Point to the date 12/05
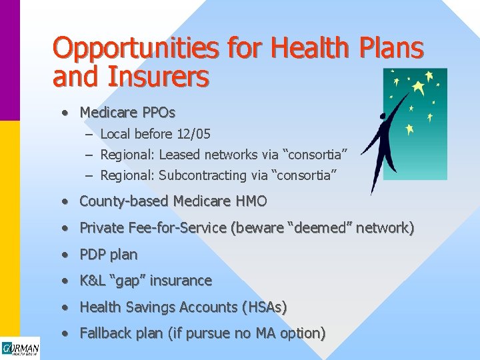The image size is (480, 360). pos(193,134)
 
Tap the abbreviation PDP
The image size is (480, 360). pos(93,254)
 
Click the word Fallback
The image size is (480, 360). pos(105,333)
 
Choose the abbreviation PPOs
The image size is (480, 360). pos(158,112)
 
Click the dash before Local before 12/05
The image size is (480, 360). pos(89,134)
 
